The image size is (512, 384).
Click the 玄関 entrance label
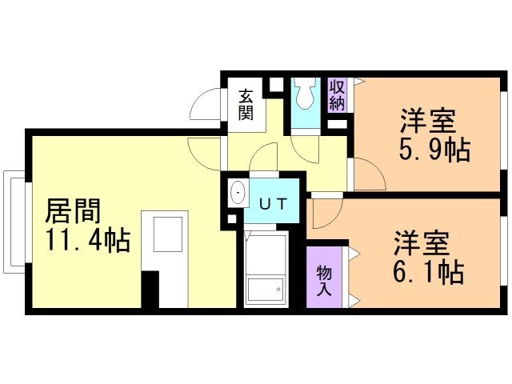tap(246, 104)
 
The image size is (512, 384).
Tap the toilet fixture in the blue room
tap(303, 94)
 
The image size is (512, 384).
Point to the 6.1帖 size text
tap(428, 271)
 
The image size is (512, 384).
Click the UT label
tap(271, 203)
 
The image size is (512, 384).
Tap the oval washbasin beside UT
tap(238, 193)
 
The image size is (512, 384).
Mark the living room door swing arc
tap(204, 151)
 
